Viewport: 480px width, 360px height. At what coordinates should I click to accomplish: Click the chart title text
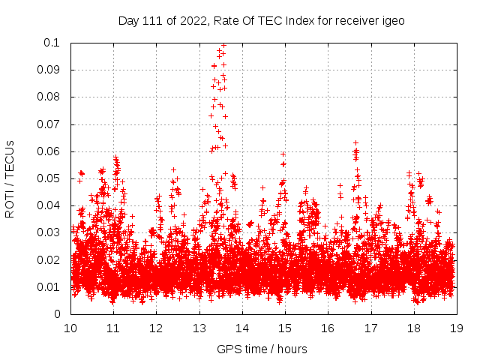point(261,21)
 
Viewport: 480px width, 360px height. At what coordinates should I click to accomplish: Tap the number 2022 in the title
point(184,21)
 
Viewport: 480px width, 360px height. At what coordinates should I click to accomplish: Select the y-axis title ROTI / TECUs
point(10,178)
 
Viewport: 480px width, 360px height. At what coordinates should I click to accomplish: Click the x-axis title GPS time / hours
point(261,349)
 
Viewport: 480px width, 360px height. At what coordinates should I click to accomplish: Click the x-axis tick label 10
point(70,328)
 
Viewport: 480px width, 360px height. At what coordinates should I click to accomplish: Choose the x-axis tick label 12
point(156,328)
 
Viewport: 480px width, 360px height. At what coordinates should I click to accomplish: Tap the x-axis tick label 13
point(199,328)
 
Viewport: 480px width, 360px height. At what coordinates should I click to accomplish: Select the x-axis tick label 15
point(285,328)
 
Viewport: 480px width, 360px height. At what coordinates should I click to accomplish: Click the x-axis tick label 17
point(370,328)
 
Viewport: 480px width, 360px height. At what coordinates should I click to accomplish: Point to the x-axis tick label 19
point(456,328)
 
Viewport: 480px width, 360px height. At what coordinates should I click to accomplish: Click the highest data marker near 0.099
point(223,45)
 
